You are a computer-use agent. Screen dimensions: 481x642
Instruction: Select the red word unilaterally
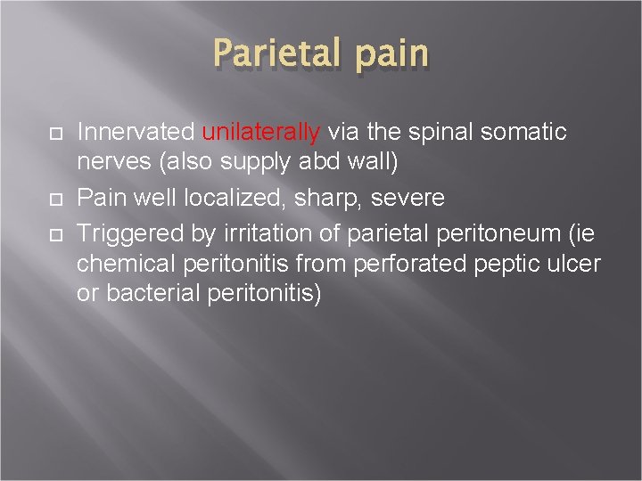pos(261,133)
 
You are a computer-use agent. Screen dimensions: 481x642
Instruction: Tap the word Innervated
pos(136,133)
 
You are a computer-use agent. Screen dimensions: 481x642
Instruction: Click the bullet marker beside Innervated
pos(54,134)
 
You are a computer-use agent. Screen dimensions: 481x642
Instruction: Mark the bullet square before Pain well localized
pos(54,198)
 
